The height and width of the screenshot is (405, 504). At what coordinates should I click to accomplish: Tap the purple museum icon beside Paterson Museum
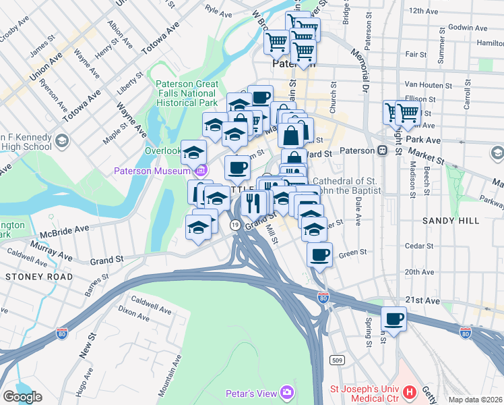click(x=201, y=171)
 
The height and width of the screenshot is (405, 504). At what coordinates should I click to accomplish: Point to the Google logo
click(x=22, y=397)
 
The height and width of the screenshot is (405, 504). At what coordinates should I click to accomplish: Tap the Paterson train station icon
click(x=382, y=151)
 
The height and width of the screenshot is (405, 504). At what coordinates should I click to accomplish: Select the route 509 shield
click(x=336, y=361)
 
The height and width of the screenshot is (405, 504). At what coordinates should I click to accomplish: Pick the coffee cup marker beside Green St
click(x=319, y=255)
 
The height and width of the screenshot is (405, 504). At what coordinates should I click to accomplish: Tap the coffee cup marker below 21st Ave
click(x=394, y=318)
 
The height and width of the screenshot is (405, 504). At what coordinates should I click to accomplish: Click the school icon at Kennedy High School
click(x=62, y=140)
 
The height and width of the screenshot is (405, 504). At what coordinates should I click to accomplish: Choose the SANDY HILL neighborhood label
click(x=451, y=221)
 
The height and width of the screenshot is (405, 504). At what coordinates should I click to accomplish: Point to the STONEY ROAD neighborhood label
click(x=30, y=276)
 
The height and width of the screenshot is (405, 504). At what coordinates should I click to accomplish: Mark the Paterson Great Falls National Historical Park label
click(x=187, y=94)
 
